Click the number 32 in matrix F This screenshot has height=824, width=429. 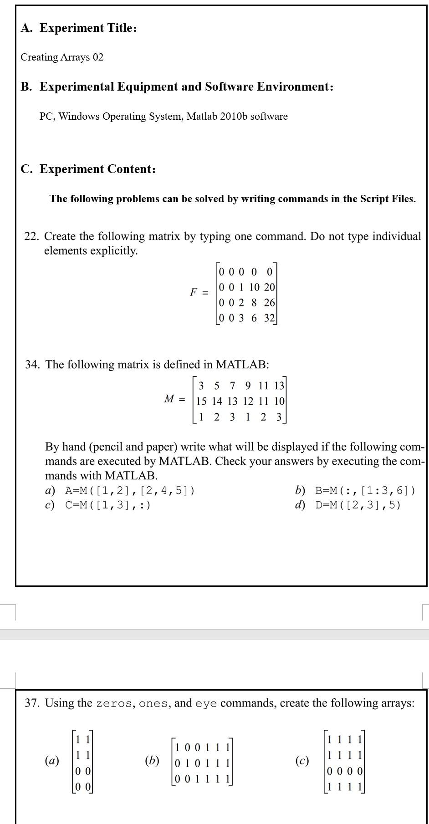(x=269, y=318)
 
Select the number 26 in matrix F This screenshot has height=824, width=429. (x=269, y=303)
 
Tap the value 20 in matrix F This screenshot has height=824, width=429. (x=269, y=287)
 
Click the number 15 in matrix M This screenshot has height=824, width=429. (x=201, y=402)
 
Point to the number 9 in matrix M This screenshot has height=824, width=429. (x=248, y=386)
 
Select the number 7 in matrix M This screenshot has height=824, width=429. (x=233, y=386)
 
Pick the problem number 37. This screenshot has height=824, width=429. (x=32, y=703)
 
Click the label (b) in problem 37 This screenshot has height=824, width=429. (x=152, y=761)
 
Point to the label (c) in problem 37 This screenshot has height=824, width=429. (x=302, y=761)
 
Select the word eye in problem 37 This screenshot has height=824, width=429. (x=206, y=704)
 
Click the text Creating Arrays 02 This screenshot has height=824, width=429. (x=62, y=57)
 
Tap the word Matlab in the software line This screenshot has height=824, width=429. (x=201, y=117)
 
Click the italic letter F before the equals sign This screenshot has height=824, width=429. (x=194, y=292)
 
